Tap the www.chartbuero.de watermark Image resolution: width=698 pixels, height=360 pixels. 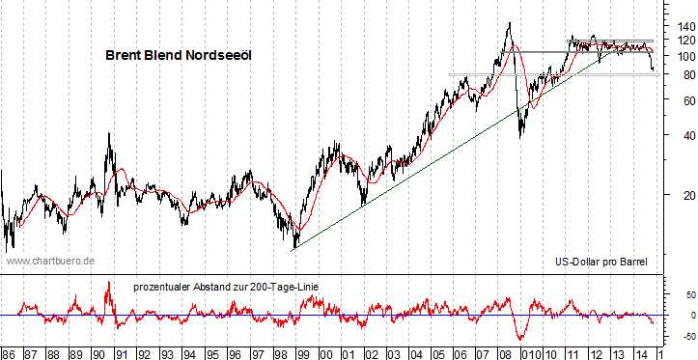[50, 261]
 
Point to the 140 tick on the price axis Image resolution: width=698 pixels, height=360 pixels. [674, 25]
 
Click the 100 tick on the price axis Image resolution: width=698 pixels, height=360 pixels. [674, 56]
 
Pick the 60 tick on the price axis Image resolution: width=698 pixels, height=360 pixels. [674, 100]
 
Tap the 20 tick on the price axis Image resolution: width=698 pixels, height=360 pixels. [674, 195]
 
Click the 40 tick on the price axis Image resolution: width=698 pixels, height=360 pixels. [674, 135]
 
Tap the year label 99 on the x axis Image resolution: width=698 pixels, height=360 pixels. [302, 352]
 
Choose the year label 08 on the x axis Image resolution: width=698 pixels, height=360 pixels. [506, 352]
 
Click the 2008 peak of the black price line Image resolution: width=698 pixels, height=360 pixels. [509, 23]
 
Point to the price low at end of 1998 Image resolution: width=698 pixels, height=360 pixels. [293, 248]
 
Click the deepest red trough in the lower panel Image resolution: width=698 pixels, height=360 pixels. [521, 339]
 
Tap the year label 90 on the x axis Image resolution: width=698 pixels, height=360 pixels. [98, 352]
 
